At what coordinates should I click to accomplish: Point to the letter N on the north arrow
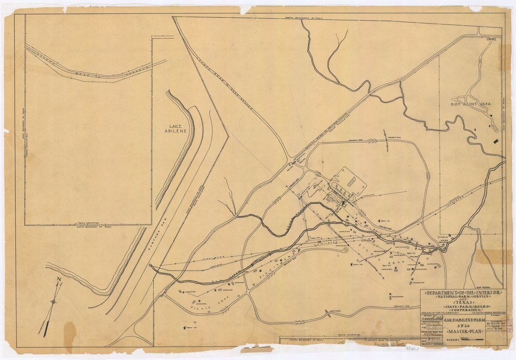click(59, 281)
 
